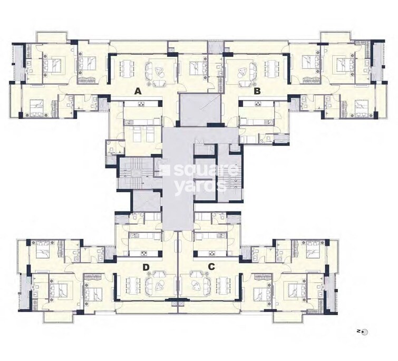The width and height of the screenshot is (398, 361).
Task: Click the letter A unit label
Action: [x=138, y=91]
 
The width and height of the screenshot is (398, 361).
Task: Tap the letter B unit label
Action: [x=257, y=91]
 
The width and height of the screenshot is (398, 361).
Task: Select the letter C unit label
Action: [x=211, y=267]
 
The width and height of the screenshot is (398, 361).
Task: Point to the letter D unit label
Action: [x=146, y=267]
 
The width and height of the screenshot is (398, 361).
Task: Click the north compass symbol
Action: [x=363, y=331]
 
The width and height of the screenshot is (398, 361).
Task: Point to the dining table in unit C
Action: [x=221, y=285]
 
